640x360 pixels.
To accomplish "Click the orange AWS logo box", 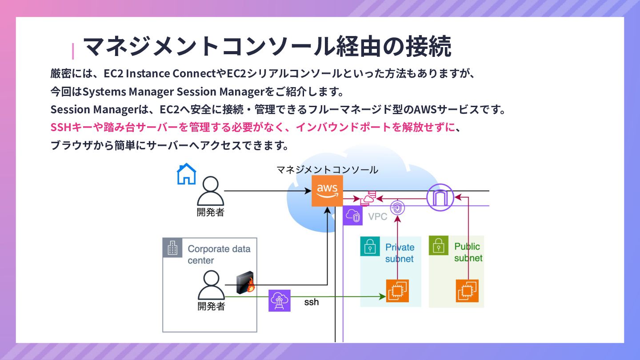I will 327,191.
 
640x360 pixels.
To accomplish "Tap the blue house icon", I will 186,174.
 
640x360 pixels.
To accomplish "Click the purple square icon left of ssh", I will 280,300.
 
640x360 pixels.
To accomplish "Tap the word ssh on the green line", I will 311,302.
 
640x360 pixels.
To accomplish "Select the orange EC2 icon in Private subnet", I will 397,291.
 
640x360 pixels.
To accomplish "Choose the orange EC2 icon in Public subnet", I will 467,291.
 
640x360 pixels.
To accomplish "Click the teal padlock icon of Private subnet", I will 370,246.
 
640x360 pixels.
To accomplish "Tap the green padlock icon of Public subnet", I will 439,245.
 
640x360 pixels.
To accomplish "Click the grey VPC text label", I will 378,217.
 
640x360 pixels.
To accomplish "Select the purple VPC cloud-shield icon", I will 354,216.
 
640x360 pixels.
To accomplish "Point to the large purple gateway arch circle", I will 440,196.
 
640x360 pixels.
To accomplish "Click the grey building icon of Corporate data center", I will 172,248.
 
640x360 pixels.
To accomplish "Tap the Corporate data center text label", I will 219,255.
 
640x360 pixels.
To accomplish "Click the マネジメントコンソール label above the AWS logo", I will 327,170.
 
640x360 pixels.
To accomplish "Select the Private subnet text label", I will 400,253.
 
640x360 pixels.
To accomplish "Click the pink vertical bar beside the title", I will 73,51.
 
